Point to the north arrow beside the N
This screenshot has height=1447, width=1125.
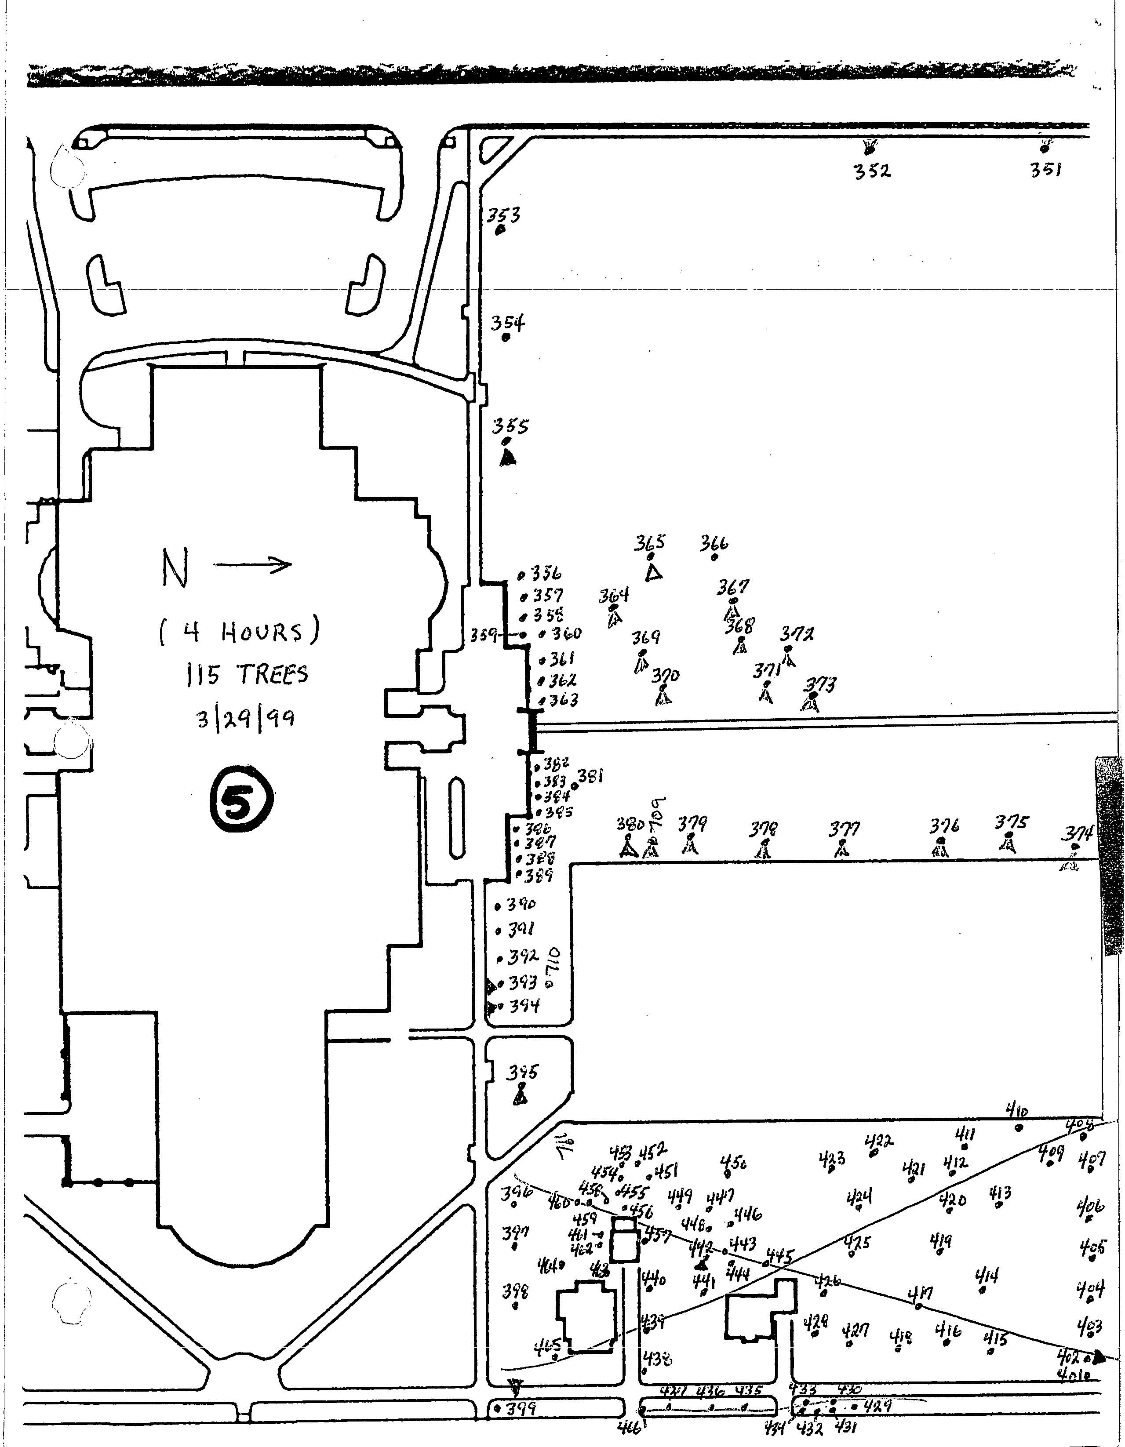point(252,565)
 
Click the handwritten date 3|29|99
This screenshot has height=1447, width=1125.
point(246,718)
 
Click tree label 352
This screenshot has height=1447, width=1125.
point(872,171)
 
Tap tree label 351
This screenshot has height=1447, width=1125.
point(1046,170)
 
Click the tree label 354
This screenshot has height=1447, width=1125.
point(507,324)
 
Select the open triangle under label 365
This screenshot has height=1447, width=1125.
point(654,572)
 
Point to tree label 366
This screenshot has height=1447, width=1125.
point(714,545)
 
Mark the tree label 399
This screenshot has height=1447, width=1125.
point(521,1409)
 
